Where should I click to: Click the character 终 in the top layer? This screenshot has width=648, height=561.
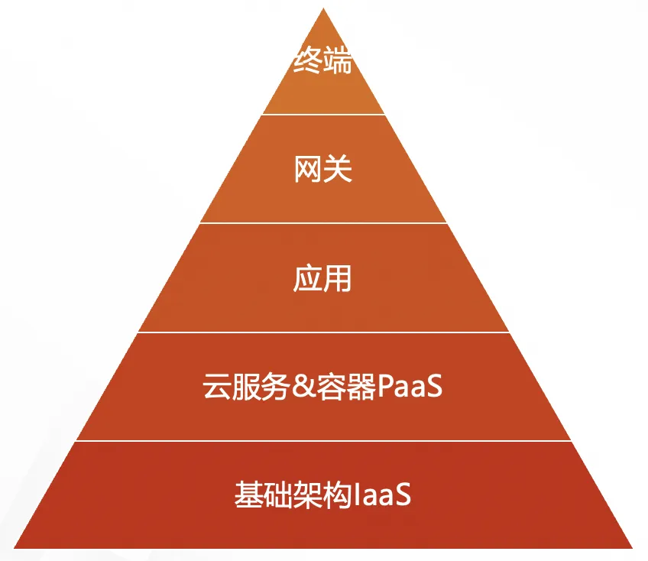click(308, 61)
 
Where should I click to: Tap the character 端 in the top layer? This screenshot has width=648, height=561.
click(338, 61)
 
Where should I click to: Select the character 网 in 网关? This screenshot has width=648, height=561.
click(308, 170)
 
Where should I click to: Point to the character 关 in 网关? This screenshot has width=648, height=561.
click(339, 170)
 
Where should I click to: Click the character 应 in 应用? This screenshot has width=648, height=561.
click(308, 278)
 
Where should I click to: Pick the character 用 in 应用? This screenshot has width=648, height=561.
click(339, 278)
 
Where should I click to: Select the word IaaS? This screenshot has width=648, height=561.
click(384, 495)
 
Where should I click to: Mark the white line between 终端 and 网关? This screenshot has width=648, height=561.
click(323, 115)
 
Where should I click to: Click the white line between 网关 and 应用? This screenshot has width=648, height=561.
click(323, 223)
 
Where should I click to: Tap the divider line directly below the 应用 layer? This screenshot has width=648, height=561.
click(323, 332)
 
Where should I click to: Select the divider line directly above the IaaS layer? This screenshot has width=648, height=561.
click(323, 441)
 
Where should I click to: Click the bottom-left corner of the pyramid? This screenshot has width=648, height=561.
click(16, 547)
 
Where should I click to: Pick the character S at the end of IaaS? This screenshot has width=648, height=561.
click(403, 495)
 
